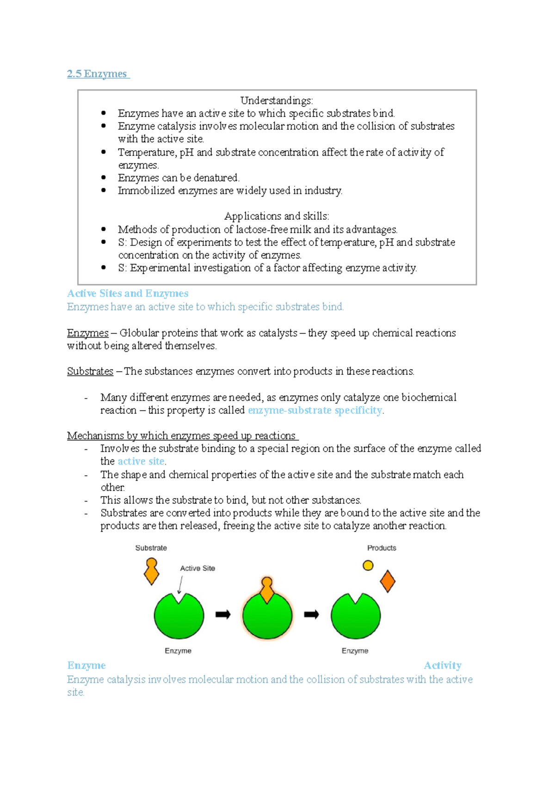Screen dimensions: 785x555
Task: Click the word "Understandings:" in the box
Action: click(277, 100)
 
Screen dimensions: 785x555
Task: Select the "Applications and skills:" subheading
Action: click(277, 216)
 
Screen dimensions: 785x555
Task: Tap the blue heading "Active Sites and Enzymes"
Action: click(128, 294)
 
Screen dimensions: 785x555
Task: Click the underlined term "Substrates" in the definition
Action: click(90, 371)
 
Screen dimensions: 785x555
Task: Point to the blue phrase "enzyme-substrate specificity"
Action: click(315, 411)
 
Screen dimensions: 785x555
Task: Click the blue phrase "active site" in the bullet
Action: click(141, 461)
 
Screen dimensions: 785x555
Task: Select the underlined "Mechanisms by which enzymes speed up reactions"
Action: click(182, 435)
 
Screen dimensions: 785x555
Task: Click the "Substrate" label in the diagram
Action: click(151, 548)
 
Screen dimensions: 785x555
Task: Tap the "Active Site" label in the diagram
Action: click(197, 568)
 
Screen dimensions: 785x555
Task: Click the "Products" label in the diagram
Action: click(382, 548)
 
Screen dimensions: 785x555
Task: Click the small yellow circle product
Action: click(368, 565)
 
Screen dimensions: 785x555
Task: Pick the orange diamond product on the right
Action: click(388, 581)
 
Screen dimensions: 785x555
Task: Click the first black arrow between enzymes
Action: click(223, 614)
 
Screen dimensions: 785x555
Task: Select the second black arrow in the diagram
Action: click(311, 614)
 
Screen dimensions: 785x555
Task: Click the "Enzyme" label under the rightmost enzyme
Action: click(355, 650)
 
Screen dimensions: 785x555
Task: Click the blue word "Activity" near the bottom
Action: click(443, 665)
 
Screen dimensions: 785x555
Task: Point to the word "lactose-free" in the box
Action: click(262, 229)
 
